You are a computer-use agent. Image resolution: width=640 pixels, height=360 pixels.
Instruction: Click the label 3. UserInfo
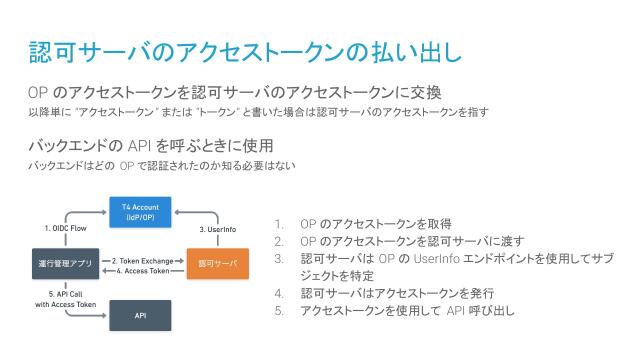point(216,228)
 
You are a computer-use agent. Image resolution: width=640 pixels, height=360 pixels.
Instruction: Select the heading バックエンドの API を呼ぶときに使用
point(151,146)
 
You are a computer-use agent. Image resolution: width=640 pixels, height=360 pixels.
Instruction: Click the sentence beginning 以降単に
point(258,112)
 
